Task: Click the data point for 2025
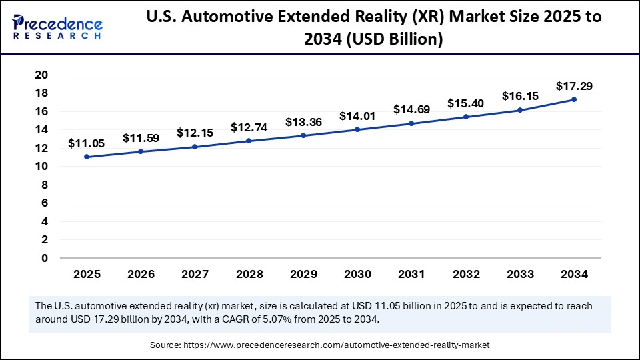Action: [x=87, y=157]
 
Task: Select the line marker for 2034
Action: [x=574, y=99]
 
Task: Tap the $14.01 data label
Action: [x=357, y=116]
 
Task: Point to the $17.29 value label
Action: [x=574, y=86]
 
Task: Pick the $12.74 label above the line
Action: [x=249, y=127]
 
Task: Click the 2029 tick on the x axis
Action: [x=303, y=274]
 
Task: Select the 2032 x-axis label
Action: [x=466, y=274]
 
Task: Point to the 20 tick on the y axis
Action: [x=41, y=75]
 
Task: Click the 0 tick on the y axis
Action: [x=45, y=258]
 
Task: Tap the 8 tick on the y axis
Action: [x=45, y=185]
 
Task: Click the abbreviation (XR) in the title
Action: [x=421, y=17]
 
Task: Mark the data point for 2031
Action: [x=411, y=123]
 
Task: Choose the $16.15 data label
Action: [x=520, y=97]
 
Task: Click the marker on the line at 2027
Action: [x=195, y=147]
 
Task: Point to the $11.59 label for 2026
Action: [x=141, y=138]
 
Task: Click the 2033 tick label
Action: [x=520, y=274]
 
